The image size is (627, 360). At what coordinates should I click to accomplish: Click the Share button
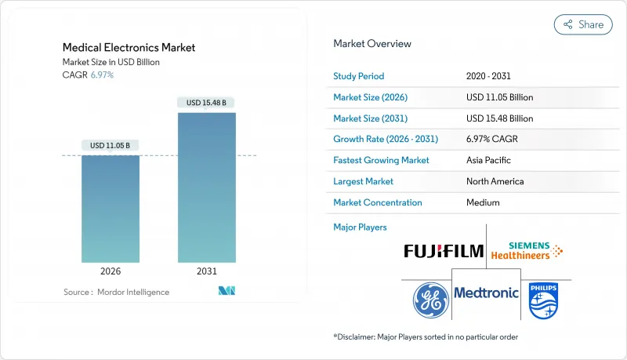pyautogui.click(x=584, y=24)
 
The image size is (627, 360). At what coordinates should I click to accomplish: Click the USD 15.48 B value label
pyautogui.click(x=206, y=103)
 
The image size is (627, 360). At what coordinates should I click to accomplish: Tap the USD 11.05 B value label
pyautogui.click(x=110, y=145)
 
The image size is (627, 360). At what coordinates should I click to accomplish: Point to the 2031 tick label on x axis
pyautogui.click(x=206, y=271)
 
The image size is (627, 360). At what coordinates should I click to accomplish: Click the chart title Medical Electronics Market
pyautogui.click(x=129, y=48)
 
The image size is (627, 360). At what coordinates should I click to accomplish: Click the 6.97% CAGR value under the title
pyautogui.click(x=102, y=75)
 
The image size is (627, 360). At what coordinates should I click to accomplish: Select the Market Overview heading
pyautogui.click(x=372, y=44)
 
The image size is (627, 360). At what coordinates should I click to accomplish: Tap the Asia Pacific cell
pyautogui.click(x=489, y=160)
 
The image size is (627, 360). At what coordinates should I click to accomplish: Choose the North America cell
pyautogui.click(x=495, y=181)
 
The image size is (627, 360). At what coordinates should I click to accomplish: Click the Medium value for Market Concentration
pyautogui.click(x=483, y=202)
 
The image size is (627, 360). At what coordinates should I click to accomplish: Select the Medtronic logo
pyautogui.click(x=487, y=293)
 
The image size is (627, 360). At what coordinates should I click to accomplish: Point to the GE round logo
pyautogui.click(x=429, y=300)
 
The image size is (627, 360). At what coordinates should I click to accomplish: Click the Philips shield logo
pyautogui.click(x=544, y=300)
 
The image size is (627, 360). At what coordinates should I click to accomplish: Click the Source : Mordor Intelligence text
pyautogui.click(x=116, y=292)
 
